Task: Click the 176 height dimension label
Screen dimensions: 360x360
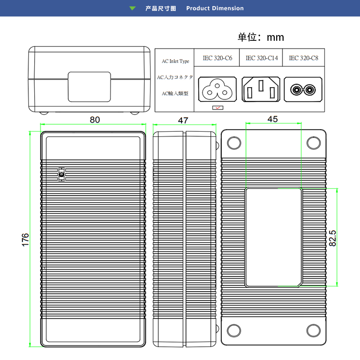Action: click(25, 240)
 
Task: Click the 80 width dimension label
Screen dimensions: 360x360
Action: click(95, 119)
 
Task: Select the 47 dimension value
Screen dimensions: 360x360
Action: click(183, 120)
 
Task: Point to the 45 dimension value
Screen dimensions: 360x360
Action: click(272, 119)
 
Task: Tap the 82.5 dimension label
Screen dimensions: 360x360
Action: click(333, 238)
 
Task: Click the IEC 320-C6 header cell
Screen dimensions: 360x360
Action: click(217, 58)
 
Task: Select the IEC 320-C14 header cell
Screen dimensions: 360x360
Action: click(261, 58)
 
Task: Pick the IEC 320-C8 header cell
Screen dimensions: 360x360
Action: click(303, 58)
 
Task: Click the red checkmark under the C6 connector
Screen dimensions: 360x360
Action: click(218, 108)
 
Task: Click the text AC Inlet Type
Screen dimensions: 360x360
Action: click(175, 61)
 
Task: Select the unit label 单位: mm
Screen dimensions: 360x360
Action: click(261, 37)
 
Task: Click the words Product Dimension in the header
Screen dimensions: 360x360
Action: click(215, 8)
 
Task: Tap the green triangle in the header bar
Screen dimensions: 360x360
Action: click(132, 8)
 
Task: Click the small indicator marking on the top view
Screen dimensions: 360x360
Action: click(62, 174)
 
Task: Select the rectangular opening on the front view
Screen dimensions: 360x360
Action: click(89, 87)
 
